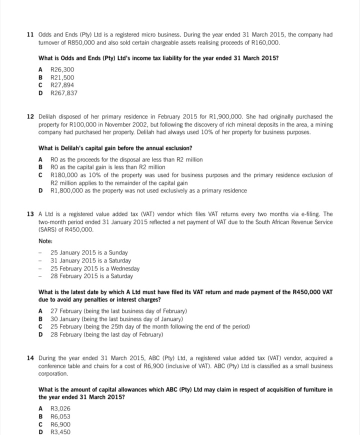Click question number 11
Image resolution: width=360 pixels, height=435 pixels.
[x=30, y=34]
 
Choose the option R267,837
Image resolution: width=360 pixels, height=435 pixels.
[x=64, y=93]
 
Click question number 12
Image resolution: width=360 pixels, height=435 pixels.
[x=30, y=116]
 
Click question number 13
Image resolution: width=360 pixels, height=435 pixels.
[x=30, y=214]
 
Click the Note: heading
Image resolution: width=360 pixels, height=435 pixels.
[x=46, y=241]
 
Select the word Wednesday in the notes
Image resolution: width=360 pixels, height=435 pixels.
[x=123, y=268]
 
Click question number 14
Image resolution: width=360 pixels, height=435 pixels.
[x=30, y=358]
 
